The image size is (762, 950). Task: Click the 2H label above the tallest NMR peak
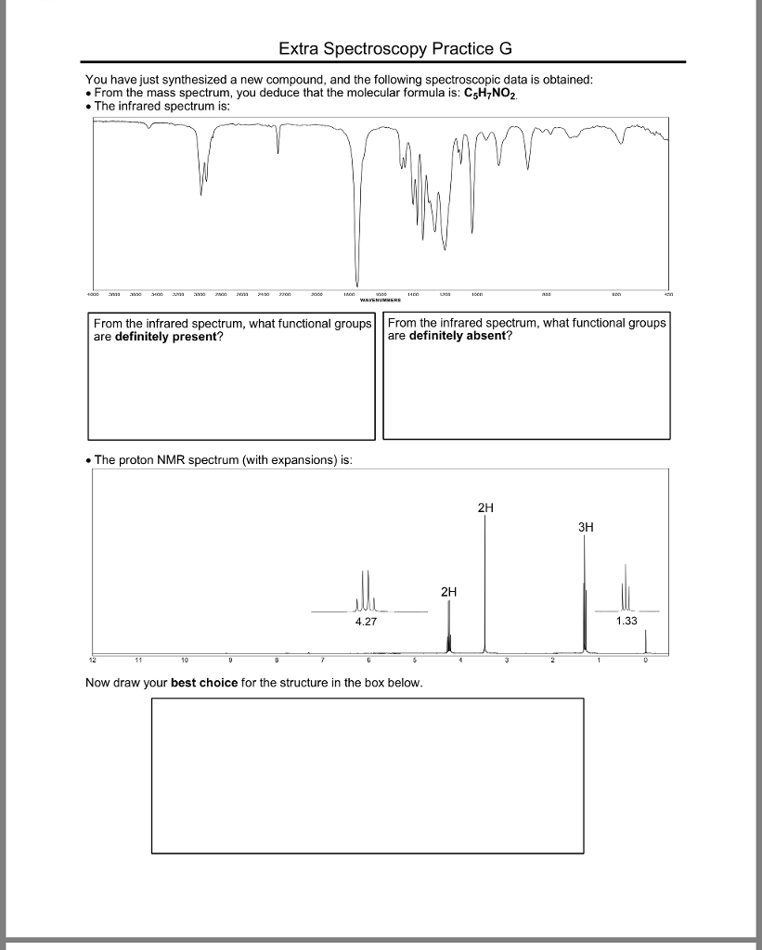[485, 508]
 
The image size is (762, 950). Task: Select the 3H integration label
[586, 527]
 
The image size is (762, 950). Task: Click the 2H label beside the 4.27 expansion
[449, 591]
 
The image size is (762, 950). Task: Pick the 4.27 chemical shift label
[367, 622]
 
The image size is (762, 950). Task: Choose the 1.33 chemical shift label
[627, 622]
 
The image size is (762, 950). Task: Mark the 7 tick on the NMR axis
[323, 661]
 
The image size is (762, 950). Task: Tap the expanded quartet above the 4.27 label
[367, 594]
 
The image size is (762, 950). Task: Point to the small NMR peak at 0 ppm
[646, 640]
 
